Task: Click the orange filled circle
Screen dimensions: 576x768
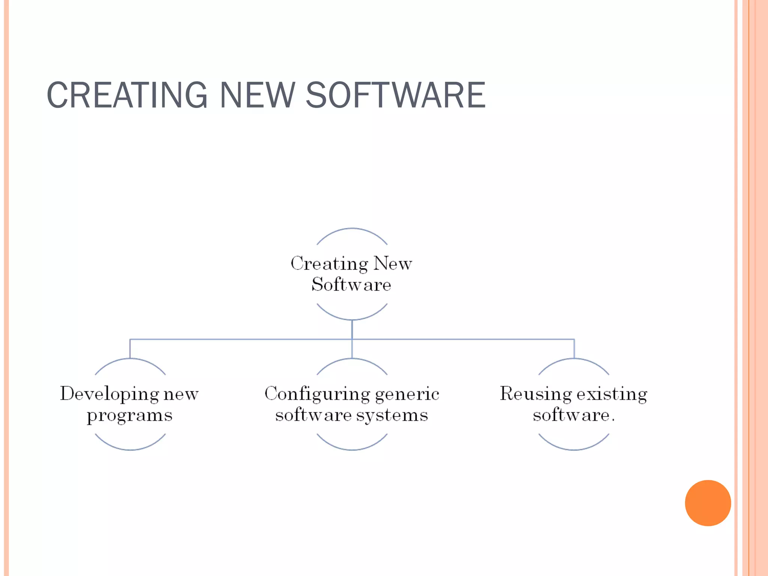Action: tap(708, 503)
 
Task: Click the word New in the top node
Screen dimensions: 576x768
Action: tap(393, 264)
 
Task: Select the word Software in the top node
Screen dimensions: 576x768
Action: tap(351, 285)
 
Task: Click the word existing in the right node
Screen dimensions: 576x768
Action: tap(612, 394)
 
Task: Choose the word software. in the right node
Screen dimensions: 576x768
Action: tap(574, 415)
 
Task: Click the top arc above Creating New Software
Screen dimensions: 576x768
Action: tap(352, 229)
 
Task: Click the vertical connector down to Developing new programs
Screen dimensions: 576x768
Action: tap(130, 349)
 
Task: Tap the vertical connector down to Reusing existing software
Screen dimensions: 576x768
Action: tap(574, 349)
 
